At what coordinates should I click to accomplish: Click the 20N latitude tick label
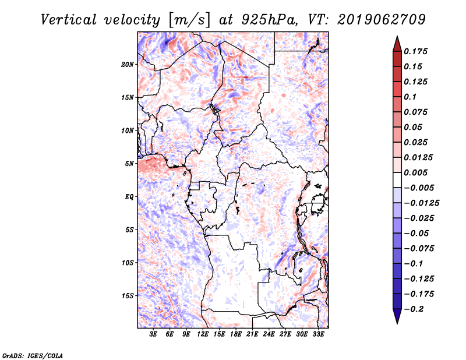click(128, 65)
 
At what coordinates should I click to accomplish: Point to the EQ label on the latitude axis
click(129, 197)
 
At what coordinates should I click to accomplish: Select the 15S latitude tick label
click(128, 296)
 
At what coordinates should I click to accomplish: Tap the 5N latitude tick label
click(129, 164)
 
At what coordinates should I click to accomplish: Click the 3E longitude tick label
click(153, 334)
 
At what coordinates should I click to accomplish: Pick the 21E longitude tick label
click(252, 334)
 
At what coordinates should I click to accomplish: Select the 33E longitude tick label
click(318, 334)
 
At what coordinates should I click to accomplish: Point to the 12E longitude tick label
click(203, 334)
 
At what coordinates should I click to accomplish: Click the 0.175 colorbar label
click(415, 51)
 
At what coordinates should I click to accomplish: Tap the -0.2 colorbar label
click(414, 309)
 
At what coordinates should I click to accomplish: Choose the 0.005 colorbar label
click(415, 172)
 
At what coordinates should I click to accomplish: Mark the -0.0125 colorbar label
click(421, 203)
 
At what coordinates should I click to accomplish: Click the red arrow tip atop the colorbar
click(397, 37)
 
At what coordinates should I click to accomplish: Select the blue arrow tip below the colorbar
click(397, 323)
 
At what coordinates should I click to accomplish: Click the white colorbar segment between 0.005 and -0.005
click(397, 180)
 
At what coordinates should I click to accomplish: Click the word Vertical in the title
click(69, 20)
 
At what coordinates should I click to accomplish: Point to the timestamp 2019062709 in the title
click(382, 20)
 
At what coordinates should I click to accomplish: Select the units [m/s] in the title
click(189, 20)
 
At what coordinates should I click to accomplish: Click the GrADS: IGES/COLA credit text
click(33, 356)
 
